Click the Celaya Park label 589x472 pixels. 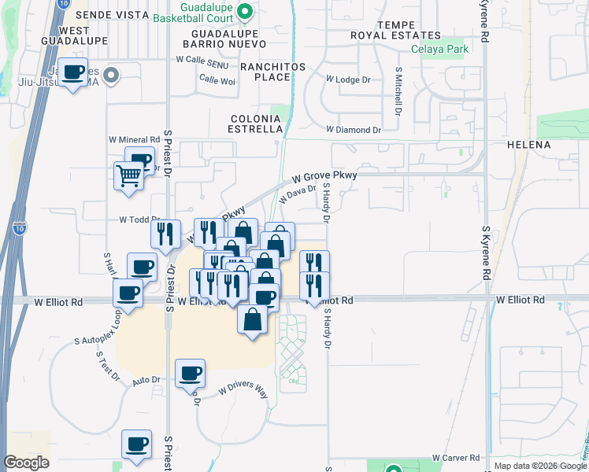tap(439, 49)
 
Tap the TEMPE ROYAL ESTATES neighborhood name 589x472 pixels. tap(395, 30)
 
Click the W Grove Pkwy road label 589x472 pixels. tap(324, 176)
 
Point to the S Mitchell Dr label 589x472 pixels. tap(398, 91)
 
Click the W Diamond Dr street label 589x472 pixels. tap(353, 129)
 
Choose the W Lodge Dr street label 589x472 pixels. tap(347, 79)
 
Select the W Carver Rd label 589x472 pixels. tap(456, 458)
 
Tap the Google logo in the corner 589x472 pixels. tap(27, 462)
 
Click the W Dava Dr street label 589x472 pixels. tap(299, 194)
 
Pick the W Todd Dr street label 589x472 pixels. tap(135, 220)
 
